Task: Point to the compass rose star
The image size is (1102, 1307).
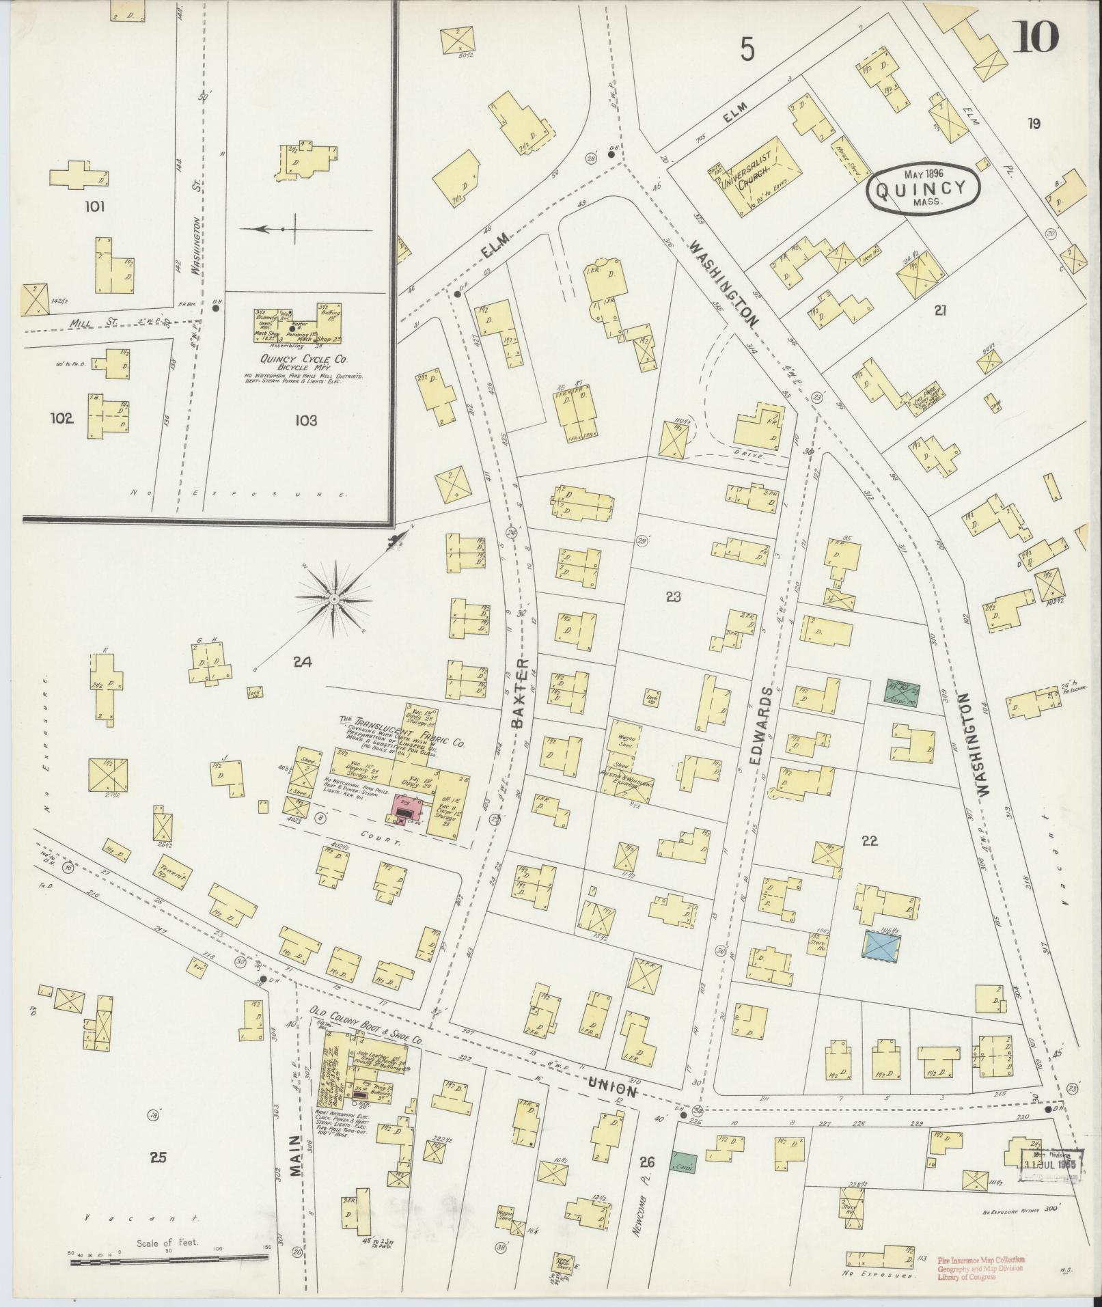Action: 335,599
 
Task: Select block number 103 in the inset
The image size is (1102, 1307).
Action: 306,421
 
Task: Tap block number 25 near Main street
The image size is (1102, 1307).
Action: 158,1157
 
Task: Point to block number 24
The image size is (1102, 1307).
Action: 302,661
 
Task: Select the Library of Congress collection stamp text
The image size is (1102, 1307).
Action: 980,1267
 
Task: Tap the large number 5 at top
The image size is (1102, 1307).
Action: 747,49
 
